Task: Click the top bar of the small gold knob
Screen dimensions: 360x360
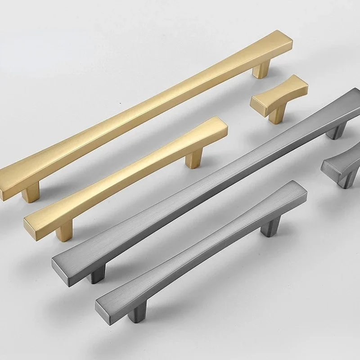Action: coord(279,93)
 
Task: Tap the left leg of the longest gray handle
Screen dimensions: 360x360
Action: coord(96,274)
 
